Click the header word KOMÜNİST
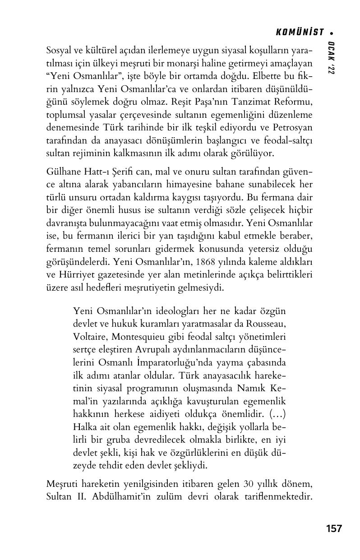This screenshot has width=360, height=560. (300, 32)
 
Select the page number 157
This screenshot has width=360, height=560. (333, 528)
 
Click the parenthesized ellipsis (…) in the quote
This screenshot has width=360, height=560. (277, 413)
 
